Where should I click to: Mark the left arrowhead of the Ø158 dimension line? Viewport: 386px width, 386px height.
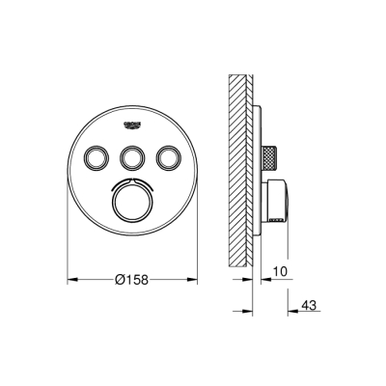(69, 280)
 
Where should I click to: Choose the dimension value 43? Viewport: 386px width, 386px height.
(309, 306)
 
